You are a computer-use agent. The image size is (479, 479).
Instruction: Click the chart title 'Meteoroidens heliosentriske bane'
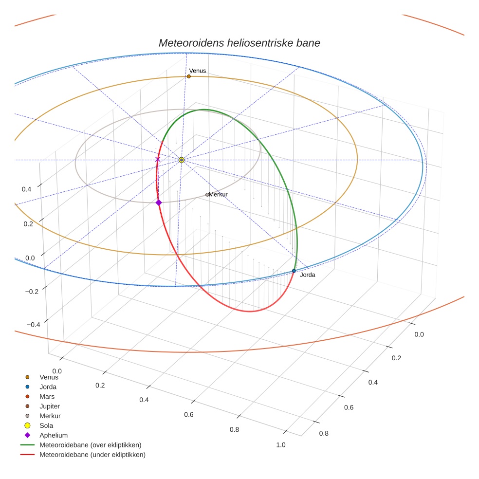tap(239, 43)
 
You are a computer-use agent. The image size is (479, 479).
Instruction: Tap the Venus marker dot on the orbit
tap(189, 76)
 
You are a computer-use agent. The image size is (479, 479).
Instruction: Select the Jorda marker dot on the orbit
tap(294, 271)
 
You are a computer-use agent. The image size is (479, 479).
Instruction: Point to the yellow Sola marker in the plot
tap(182, 160)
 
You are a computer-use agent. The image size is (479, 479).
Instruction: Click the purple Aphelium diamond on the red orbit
tap(159, 203)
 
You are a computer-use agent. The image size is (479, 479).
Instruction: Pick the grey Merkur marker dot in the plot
tap(207, 195)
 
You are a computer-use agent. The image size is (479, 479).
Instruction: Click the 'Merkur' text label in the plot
tap(218, 195)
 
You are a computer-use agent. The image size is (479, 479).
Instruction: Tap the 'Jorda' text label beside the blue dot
tap(308, 275)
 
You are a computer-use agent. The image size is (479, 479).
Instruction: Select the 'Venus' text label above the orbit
tap(198, 71)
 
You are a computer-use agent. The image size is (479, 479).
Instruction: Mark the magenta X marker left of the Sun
tap(157, 160)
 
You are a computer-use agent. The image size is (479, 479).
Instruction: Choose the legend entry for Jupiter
tap(50, 406)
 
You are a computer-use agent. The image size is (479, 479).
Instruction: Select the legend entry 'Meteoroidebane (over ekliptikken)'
tap(90, 445)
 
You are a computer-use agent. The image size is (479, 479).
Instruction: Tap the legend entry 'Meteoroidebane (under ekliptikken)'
tap(92, 455)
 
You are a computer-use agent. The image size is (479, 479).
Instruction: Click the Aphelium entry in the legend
tap(53, 435)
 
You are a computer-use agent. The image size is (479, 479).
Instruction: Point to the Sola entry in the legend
tap(46, 425)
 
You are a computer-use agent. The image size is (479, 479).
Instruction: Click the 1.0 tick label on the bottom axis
tap(280, 444)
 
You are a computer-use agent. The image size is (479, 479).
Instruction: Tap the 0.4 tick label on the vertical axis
tap(27, 189)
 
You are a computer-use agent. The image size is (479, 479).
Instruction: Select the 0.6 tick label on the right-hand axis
tap(349, 407)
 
